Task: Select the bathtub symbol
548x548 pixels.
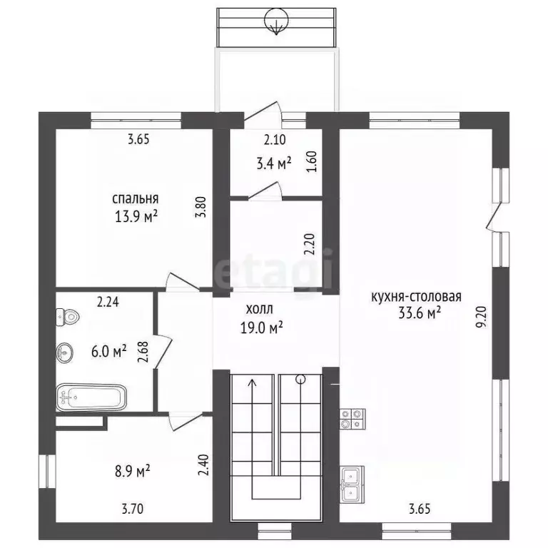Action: point(91,396)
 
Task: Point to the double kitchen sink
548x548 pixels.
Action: point(352,484)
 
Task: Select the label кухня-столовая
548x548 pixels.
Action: point(416,296)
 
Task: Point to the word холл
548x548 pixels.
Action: point(258,310)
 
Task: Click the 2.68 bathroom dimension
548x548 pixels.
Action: point(143,352)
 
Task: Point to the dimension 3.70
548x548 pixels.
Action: point(133,509)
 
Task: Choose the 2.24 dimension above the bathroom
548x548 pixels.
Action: point(108,302)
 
